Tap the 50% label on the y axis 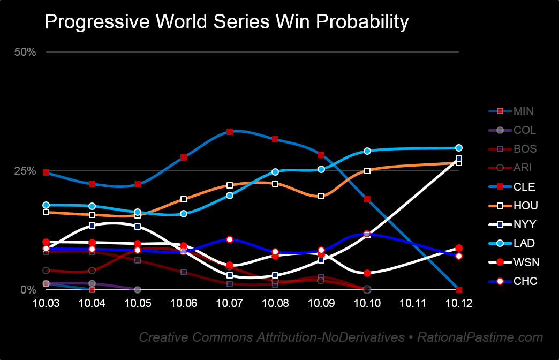pos(25,52)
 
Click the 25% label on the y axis pos(25,171)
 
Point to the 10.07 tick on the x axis pos(230,303)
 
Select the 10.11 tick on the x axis pos(413,303)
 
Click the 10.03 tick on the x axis pos(46,303)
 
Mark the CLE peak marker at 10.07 pos(230,131)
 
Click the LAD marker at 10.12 pos(459,148)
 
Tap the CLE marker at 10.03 pos(46,172)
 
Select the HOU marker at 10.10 pos(367,171)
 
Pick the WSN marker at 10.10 pos(367,273)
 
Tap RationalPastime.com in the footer pos(480,337)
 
